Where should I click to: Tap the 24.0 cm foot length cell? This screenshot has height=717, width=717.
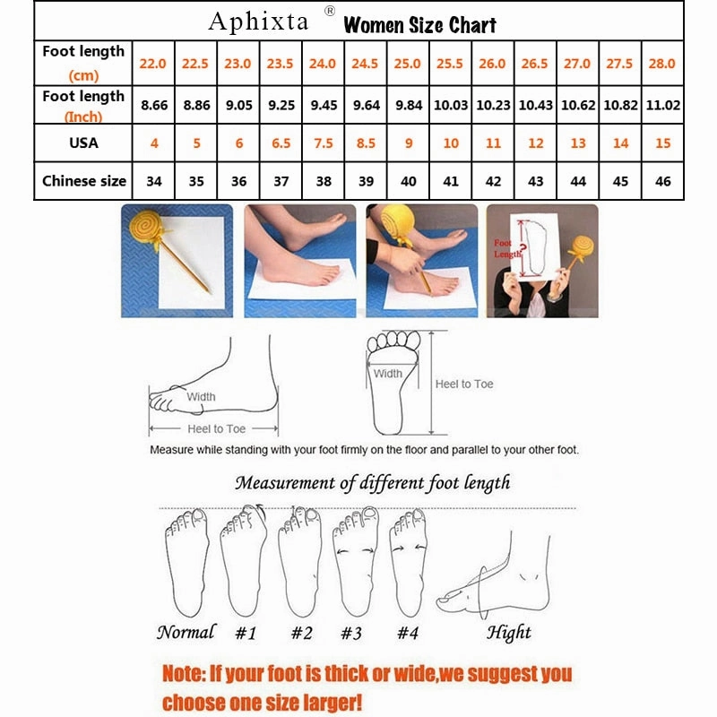click(323, 64)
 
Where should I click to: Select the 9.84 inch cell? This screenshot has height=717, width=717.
click(408, 105)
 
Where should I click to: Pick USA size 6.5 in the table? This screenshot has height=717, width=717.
click(281, 143)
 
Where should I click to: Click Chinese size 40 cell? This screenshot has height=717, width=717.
click(408, 181)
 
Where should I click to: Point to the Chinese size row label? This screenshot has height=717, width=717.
click(84, 181)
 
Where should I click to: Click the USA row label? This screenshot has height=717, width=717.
click(83, 143)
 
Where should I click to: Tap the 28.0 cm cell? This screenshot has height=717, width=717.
click(662, 64)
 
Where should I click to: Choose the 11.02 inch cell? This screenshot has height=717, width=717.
click(662, 105)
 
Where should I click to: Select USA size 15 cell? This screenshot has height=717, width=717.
click(662, 143)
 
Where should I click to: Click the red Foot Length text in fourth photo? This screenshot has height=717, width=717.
click(507, 248)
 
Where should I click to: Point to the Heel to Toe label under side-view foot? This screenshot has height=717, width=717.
click(216, 429)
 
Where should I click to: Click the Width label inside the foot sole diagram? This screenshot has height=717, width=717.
click(387, 373)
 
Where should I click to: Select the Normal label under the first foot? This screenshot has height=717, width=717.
click(186, 632)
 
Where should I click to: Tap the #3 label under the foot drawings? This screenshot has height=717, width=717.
click(350, 634)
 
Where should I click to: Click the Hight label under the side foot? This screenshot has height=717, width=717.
click(509, 633)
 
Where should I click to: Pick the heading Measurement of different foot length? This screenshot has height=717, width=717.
click(372, 483)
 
